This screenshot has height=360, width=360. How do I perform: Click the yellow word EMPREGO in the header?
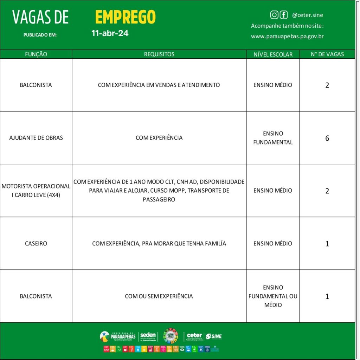[x=125, y=17]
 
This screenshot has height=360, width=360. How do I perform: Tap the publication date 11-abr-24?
[x=110, y=34]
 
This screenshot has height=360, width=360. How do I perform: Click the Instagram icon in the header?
[x=274, y=15]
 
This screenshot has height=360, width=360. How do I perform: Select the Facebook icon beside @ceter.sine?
[x=284, y=15]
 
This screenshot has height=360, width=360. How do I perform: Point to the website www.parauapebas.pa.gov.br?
[x=287, y=36]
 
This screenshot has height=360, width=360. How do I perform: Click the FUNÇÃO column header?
[x=36, y=54]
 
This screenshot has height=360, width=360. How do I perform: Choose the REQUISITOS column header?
[x=159, y=54]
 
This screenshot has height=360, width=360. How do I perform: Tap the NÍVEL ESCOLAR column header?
[x=273, y=54]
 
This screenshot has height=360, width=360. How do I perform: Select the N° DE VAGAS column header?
[x=327, y=54]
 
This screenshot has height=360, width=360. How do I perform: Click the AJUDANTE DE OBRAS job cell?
[x=36, y=138]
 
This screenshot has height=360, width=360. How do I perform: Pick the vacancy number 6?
[x=327, y=138]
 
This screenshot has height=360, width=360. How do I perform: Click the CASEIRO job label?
[x=36, y=243]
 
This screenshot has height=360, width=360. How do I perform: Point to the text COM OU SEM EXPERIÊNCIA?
[x=159, y=296]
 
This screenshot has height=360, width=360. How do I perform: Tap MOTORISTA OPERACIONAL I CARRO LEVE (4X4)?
[x=36, y=191]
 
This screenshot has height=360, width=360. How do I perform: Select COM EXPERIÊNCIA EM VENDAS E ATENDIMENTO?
[x=159, y=85]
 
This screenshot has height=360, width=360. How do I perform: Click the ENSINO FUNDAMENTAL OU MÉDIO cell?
[x=273, y=296]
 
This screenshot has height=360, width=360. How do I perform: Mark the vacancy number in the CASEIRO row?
[x=327, y=244]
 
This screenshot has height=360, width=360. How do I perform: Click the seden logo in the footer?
[x=148, y=336]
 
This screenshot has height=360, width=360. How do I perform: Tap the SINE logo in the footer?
[x=214, y=336]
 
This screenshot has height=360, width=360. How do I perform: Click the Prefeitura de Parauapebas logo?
[x=118, y=336]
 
